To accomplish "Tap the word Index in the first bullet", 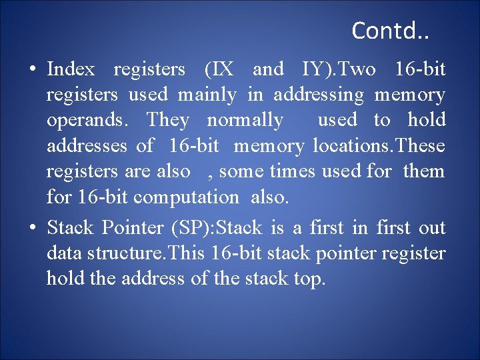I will coord(71,69).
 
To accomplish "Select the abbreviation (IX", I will coord(219,69).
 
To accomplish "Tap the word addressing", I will coord(319,95).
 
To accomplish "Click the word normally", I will coord(245,121).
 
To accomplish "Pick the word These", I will coord(419,146).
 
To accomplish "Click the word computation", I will coord(185,197).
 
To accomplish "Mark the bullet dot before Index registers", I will coord(32,70).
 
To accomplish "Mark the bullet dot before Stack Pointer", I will coord(32,229).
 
